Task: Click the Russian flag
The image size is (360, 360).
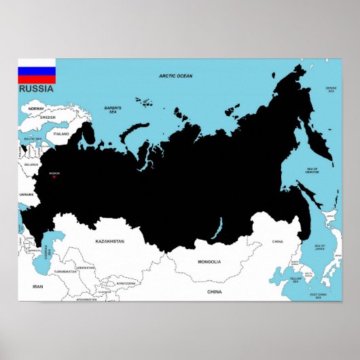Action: click(37, 71)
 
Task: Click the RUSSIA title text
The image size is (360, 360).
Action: click(34, 88)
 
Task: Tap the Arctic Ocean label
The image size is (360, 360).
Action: click(176, 76)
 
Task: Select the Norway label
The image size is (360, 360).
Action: click(36, 109)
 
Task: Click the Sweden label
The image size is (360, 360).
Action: click(48, 118)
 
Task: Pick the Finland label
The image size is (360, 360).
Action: click(62, 134)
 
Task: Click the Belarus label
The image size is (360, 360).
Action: click(31, 164)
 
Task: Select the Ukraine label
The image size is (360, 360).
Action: click(26, 194)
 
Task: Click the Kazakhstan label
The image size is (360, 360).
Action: click(110, 241)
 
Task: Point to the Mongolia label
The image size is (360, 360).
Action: click(209, 262)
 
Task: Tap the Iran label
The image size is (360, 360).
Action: click(37, 287)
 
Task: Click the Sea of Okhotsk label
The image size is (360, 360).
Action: click(312, 170)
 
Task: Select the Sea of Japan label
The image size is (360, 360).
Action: click(319, 247)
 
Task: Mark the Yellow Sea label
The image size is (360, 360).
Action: click(296, 279)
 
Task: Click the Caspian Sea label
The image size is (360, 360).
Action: click(50, 250)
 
